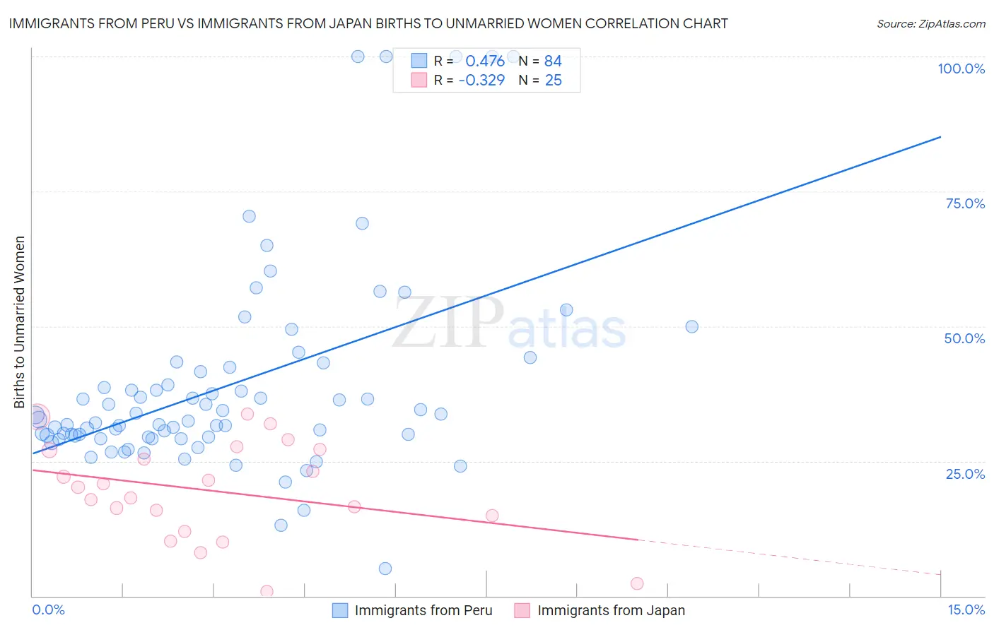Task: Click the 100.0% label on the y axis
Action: (x=961, y=69)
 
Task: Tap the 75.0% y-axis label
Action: (x=965, y=203)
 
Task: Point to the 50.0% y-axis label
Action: (x=964, y=338)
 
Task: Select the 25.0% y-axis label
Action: (x=965, y=474)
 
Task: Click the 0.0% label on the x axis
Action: (x=48, y=610)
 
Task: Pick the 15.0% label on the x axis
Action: (x=966, y=610)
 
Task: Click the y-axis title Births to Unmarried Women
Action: (x=20, y=322)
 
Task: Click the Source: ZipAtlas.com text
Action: (x=930, y=24)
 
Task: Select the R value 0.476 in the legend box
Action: (x=485, y=61)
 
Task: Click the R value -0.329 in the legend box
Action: (x=481, y=81)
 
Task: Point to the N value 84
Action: (x=553, y=61)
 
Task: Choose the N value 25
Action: (x=553, y=81)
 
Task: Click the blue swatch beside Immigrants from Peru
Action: (x=340, y=611)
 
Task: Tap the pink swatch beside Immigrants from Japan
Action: (x=522, y=611)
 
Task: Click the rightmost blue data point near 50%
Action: (x=691, y=326)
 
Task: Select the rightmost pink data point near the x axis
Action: (x=637, y=583)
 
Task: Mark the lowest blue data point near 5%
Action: (x=385, y=569)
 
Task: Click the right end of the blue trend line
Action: (x=940, y=137)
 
